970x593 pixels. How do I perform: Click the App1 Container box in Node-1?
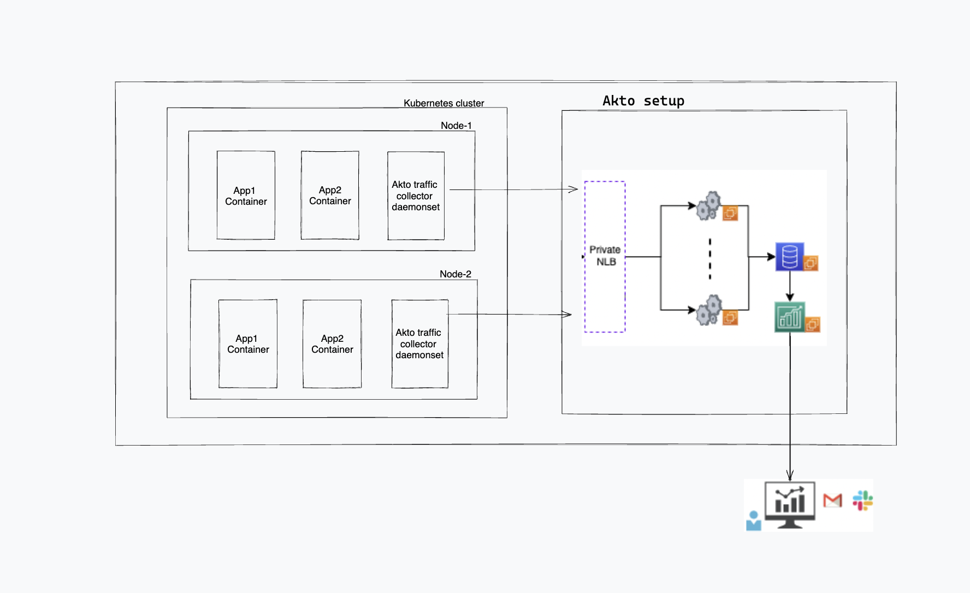[246, 195]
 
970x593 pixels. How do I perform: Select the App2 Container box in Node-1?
[330, 195]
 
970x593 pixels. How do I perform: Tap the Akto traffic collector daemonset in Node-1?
[416, 195]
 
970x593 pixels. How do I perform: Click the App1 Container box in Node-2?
[248, 344]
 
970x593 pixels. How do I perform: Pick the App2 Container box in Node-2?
[332, 344]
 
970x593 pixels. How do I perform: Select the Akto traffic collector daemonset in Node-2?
[419, 344]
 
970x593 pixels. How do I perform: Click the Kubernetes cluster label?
[443, 103]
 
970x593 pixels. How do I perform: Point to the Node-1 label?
[456, 126]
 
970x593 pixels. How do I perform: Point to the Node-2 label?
[455, 274]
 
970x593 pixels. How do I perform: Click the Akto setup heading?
[643, 101]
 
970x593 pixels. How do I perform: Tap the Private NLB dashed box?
[605, 256]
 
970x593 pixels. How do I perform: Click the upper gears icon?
[709, 206]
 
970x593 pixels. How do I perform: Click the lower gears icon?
[709, 310]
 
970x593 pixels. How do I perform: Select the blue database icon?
[790, 257]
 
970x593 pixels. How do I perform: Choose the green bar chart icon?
[790, 317]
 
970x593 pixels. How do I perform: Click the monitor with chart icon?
[790, 504]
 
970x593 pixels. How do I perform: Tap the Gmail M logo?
[832, 500]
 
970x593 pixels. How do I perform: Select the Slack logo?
[862, 500]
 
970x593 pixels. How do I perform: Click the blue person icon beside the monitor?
[754, 521]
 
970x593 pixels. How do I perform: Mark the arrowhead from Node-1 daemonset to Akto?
[573, 189]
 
